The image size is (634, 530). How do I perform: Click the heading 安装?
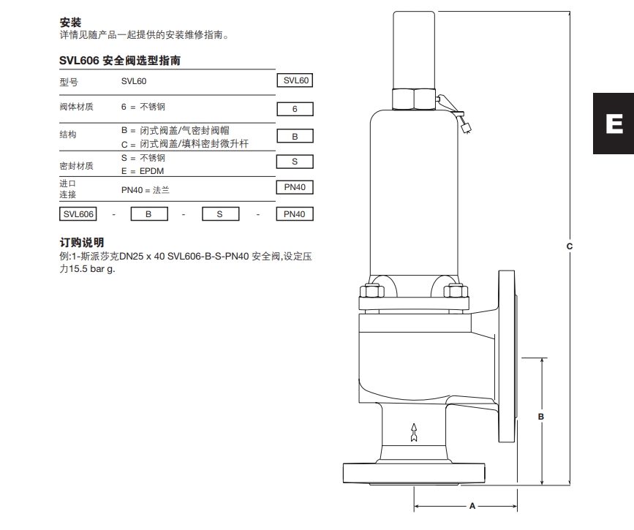(x=70, y=23)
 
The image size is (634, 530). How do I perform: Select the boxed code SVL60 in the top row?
(x=295, y=81)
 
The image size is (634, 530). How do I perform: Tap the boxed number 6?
(x=295, y=109)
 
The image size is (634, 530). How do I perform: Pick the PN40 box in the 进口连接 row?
(x=295, y=188)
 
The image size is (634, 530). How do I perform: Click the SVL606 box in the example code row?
(x=78, y=214)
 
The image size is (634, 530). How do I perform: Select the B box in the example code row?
(x=148, y=214)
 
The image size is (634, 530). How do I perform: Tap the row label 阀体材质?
(x=76, y=107)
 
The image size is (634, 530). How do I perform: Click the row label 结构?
(x=68, y=135)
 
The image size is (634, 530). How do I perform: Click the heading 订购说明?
(x=81, y=242)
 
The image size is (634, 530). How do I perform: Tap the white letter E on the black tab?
(x=614, y=124)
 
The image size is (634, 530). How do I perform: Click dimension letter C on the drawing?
(x=570, y=246)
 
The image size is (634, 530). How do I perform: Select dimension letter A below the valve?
(x=472, y=506)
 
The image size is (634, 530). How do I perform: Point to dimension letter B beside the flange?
(x=541, y=416)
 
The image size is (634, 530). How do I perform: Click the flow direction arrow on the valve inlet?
(x=414, y=432)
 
